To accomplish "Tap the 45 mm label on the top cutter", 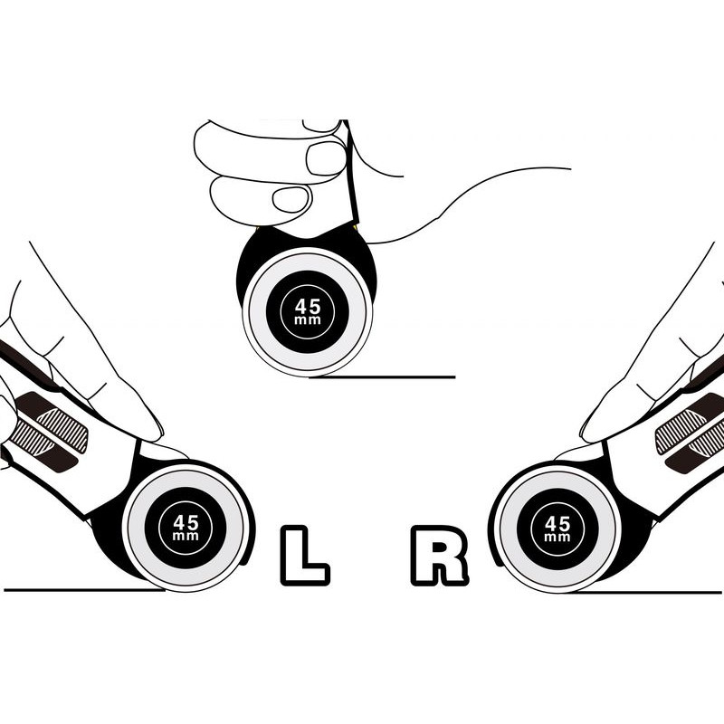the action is [308, 311].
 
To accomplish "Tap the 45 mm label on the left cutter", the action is [186, 528].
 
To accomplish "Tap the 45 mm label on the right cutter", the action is [557, 529].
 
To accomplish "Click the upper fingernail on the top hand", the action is [326, 157].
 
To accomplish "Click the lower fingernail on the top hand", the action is [291, 199].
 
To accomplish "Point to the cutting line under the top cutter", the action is [382, 377].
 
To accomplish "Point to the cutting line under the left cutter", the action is [84, 590].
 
